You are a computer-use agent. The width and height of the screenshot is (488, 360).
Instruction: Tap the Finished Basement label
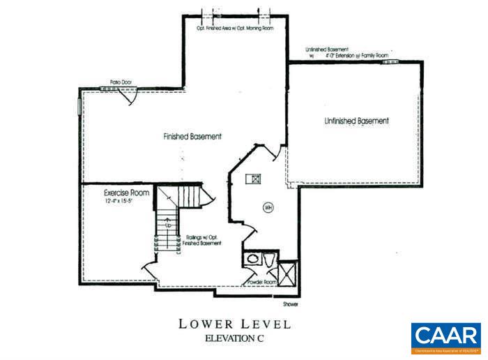192,137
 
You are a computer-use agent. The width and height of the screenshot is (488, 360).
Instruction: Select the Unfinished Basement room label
356,121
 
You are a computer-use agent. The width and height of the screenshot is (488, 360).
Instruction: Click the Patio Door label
120,82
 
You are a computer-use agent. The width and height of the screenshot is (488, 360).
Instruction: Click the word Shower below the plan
291,304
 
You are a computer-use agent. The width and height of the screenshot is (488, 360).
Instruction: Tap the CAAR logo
445,338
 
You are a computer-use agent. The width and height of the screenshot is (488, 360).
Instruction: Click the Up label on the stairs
167,225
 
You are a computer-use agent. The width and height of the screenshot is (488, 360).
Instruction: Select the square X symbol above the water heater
256,179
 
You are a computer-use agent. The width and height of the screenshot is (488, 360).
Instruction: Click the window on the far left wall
79,105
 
